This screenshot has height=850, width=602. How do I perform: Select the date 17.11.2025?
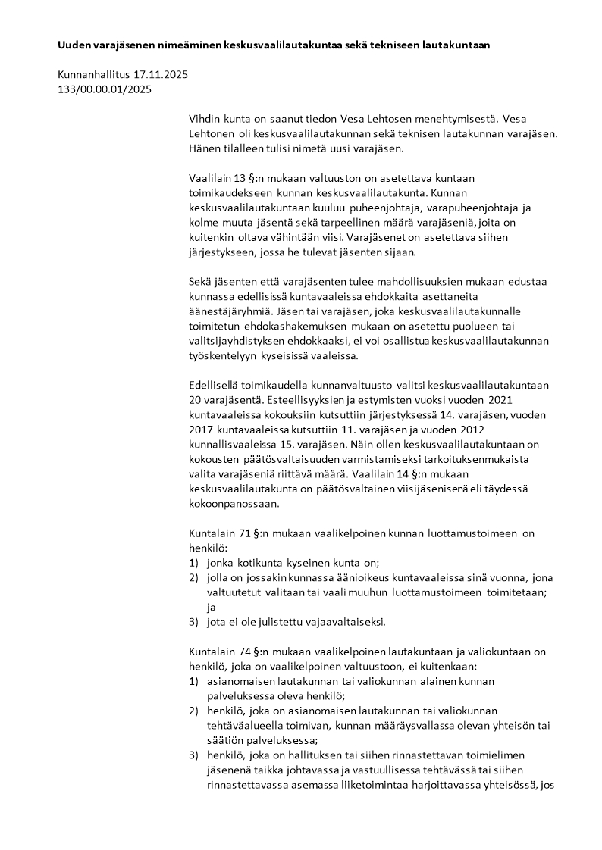(x=160, y=75)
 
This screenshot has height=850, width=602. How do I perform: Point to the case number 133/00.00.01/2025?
(x=105, y=89)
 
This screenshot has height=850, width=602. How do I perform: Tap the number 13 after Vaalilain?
(x=239, y=178)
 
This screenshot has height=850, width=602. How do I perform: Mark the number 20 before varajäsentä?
(x=196, y=399)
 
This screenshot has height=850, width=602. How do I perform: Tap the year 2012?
(x=512, y=429)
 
